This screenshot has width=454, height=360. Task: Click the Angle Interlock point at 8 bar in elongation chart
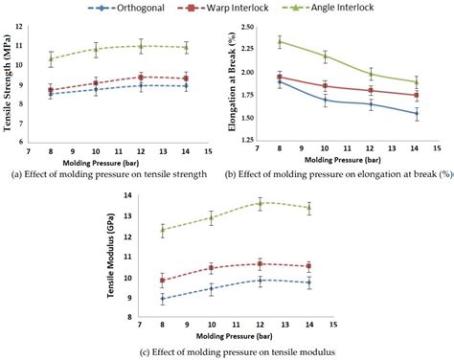click(x=280, y=42)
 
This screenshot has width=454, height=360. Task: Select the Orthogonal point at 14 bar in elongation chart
click(x=416, y=113)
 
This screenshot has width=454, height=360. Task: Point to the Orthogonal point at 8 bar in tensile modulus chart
click(x=162, y=299)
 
